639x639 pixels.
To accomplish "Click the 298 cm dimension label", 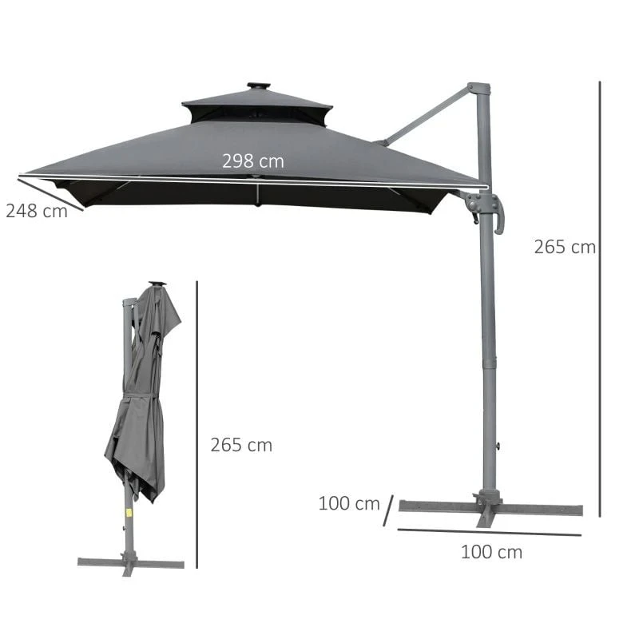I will (252, 161).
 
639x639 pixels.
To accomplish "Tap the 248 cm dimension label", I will (36, 212).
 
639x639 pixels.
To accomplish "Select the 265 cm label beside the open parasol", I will (565, 247).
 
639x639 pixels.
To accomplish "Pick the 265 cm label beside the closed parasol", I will (241, 445).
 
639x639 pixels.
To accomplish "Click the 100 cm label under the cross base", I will (491, 551).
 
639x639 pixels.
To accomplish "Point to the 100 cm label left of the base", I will (349, 503).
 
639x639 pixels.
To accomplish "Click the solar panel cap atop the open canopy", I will (258, 85).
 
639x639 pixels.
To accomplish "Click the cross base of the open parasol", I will (489, 508).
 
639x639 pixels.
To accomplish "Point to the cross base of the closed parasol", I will (130, 562).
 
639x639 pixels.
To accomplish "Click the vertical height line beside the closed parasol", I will (196, 423).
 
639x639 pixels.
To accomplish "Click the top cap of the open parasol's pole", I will (478, 87).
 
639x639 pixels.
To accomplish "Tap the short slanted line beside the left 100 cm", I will (388, 510).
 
